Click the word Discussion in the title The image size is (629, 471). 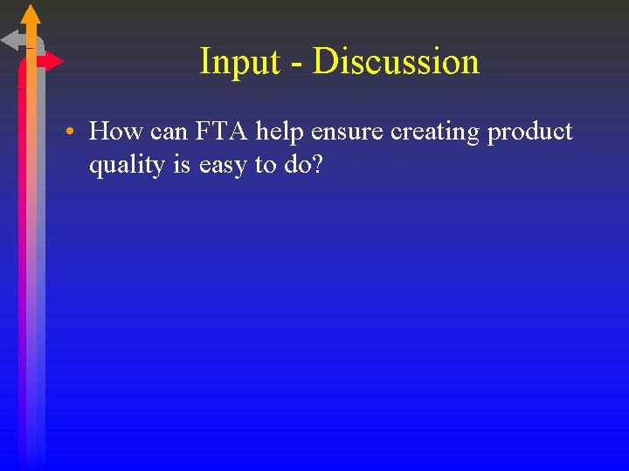tap(396, 62)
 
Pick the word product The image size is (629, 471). tap(530, 133)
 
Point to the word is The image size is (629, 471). tap(181, 164)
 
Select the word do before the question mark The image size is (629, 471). tap(296, 164)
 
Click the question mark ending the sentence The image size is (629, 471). tap(316, 164)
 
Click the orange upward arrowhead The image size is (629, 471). tap(31, 14)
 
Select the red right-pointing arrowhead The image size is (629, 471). tap(53, 61)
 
